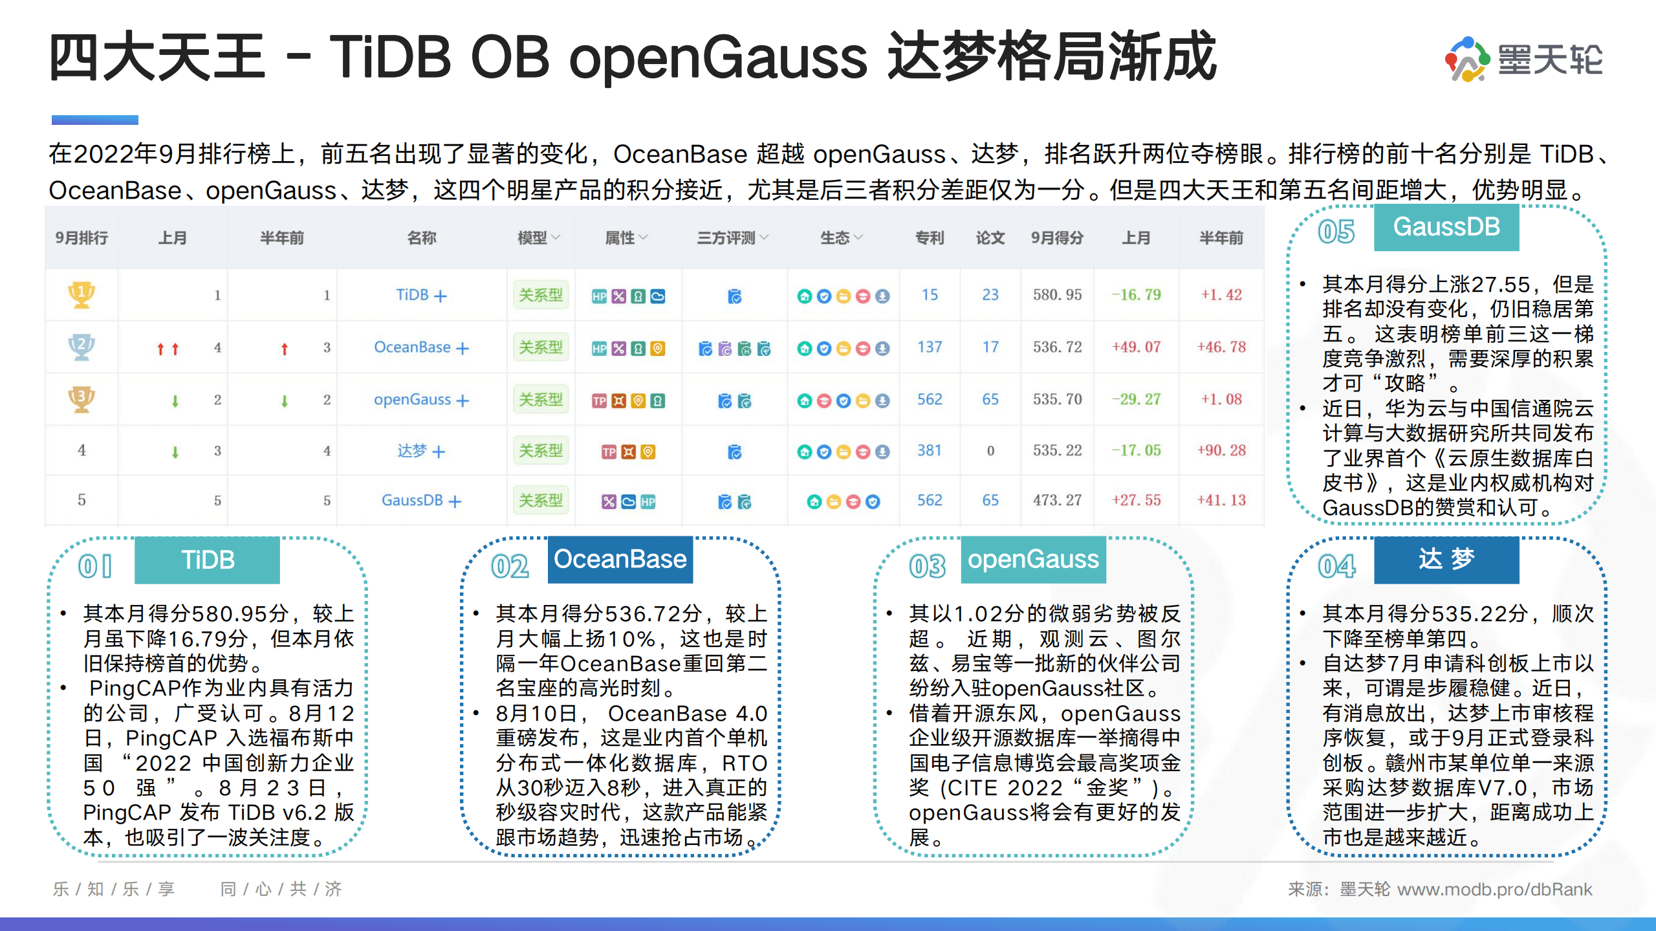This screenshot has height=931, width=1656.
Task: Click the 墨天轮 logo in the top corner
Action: pyautogui.click(x=1523, y=60)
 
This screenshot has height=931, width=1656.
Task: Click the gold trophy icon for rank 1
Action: pyautogui.click(x=82, y=295)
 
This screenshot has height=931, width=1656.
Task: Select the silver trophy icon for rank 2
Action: pyautogui.click(x=82, y=347)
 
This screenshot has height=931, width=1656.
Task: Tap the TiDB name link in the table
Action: pyautogui.click(x=413, y=295)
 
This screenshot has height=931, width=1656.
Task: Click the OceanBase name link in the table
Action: pyautogui.click(x=412, y=347)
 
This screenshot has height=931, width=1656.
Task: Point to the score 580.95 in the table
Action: pyautogui.click(x=1057, y=295)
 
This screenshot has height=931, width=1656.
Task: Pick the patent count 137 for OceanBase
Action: pyautogui.click(x=930, y=347)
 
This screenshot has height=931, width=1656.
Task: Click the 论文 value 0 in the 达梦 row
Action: pyautogui.click(x=990, y=451)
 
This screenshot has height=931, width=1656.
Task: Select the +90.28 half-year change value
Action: pyautogui.click(x=1221, y=451)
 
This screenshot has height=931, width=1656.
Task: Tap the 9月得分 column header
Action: pyautogui.click(x=1057, y=238)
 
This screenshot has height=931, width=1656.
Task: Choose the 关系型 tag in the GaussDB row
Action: pyautogui.click(x=541, y=501)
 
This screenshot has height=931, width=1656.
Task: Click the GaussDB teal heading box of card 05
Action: pyautogui.click(x=1446, y=227)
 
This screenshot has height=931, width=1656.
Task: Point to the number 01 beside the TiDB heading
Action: pyautogui.click(x=95, y=567)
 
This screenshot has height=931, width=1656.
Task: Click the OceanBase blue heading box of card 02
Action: pyautogui.click(x=620, y=560)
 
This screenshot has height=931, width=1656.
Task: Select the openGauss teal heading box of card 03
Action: pyautogui.click(x=1033, y=560)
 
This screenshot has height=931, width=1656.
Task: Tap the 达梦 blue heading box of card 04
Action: pyautogui.click(x=1446, y=560)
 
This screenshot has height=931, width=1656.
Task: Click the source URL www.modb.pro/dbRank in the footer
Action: pyautogui.click(x=1494, y=890)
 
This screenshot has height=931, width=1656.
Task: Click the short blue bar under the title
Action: pyautogui.click(x=95, y=120)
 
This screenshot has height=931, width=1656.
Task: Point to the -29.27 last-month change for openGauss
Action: pyautogui.click(x=1136, y=400)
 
